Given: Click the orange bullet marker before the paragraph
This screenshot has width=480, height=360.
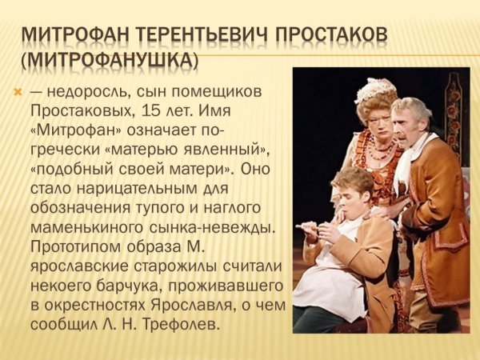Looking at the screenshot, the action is tap(18, 91).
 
